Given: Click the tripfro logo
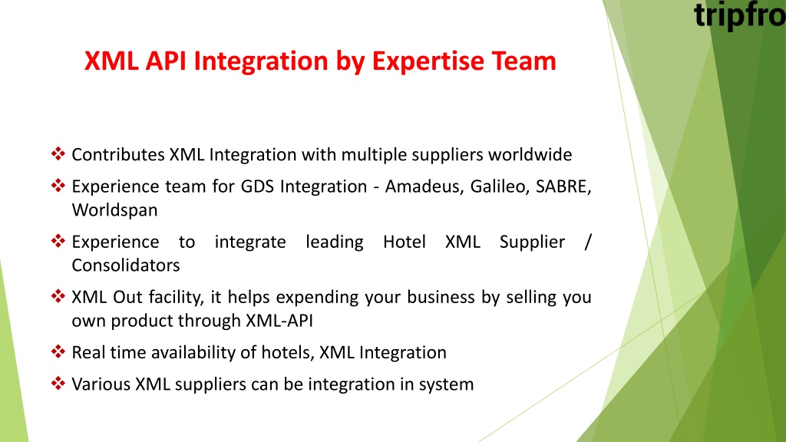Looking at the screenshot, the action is pyautogui.click(x=740, y=15).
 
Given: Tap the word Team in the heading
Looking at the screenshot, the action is pyautogui.click(x=523, y=61).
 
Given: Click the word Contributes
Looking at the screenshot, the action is pyautogui.click(x=118, y=154).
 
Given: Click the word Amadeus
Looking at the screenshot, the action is pyautogui.click(x=424, y=186).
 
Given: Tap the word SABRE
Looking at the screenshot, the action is pyautogui.click(x=563, y=186).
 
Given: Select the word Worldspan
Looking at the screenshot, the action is pyautogui.click(x=115, y=210).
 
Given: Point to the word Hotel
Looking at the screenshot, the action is pyautogui.click(x=405, y=242).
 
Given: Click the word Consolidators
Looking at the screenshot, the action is pyautogui.click(x=126, y=265).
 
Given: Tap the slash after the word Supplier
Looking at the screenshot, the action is pyautogui.click(x=588, y=242).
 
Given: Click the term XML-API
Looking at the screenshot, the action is pyautogui.click(x=279, y=321).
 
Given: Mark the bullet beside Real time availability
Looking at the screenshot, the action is pyautogui.click(x=58, y=351).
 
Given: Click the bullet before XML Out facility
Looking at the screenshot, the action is pyautogui.click(x=58, y=296).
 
